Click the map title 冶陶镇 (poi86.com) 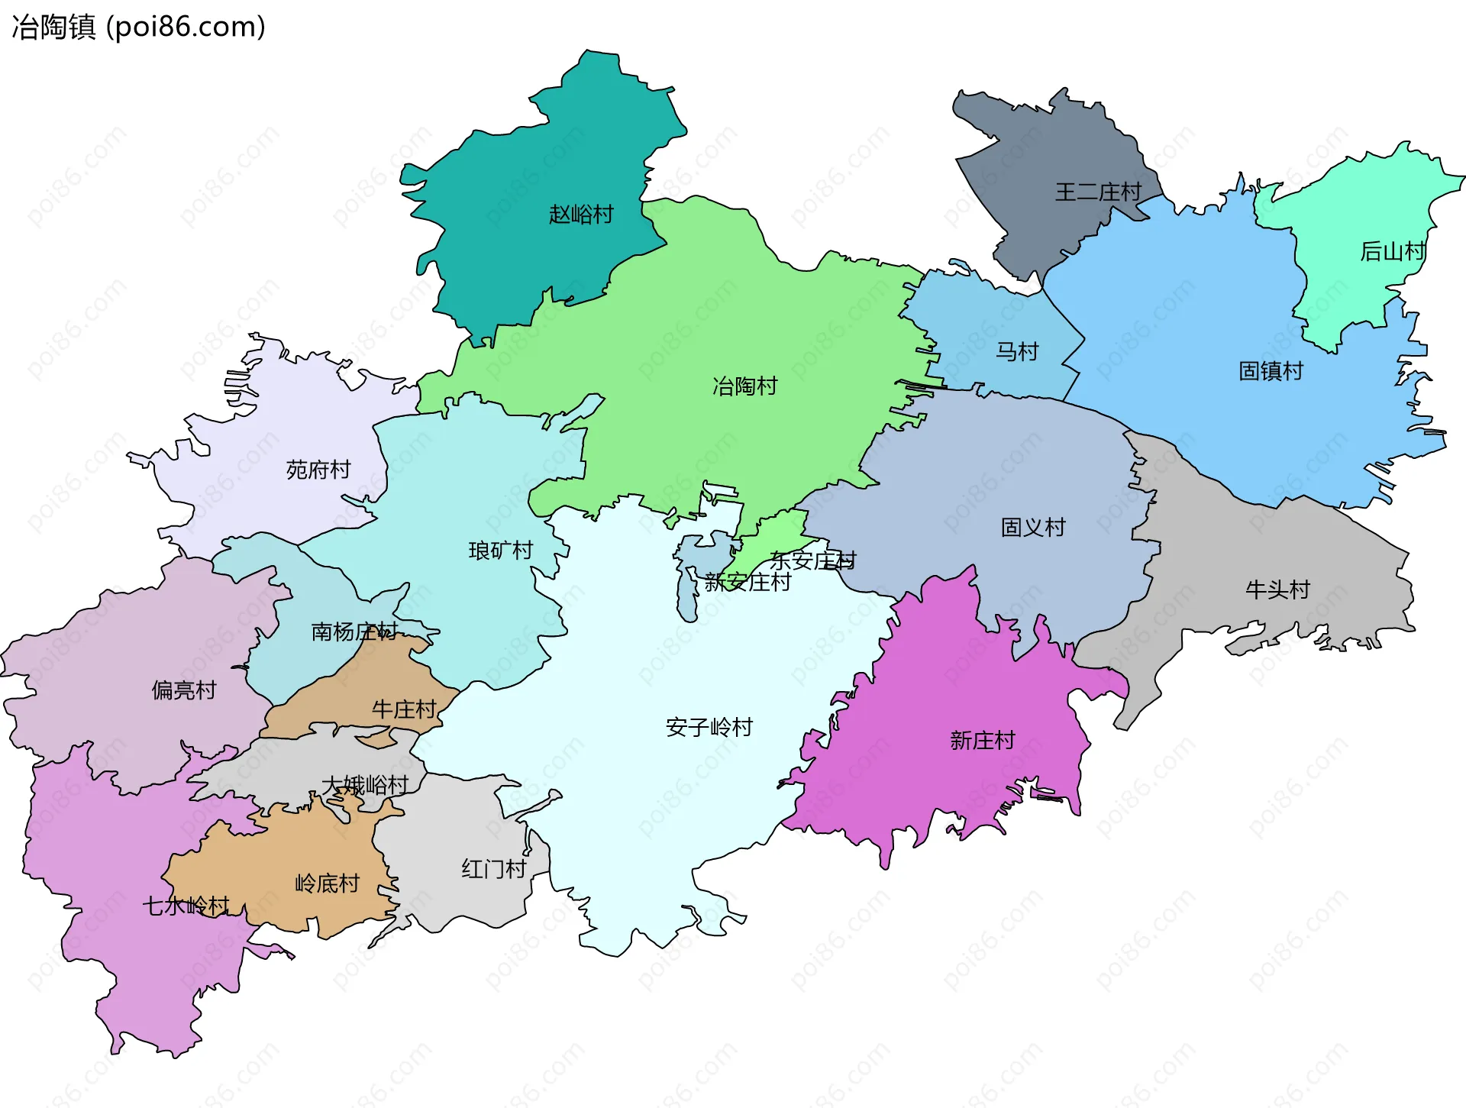click(x=138, y=27)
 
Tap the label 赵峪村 click(x=581, y=215)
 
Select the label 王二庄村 click(x=1098, y=192)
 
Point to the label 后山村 click(x=1393, y=251)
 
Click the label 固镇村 click(x=1271, y=371)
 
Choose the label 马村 click(x=1017, y=352)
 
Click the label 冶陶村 click(x=744, y=386)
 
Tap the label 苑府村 click(x=318, y=470)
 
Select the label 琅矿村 click(x=500, y=551)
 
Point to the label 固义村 click(x=1032, y=528)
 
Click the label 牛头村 click(x=1277, y=590)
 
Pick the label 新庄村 click(x=982, y=741)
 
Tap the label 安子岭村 click(x=709, y=727)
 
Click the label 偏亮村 click(x=184, y=690)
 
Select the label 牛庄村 click(x=404, y=709)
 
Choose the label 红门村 click(x=493, y=869)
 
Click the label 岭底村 click(x=327, y=883)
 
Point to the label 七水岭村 click(x=186, y=906)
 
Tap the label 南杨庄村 click(x=354, y=632)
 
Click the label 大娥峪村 click(x=365, y=785)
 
